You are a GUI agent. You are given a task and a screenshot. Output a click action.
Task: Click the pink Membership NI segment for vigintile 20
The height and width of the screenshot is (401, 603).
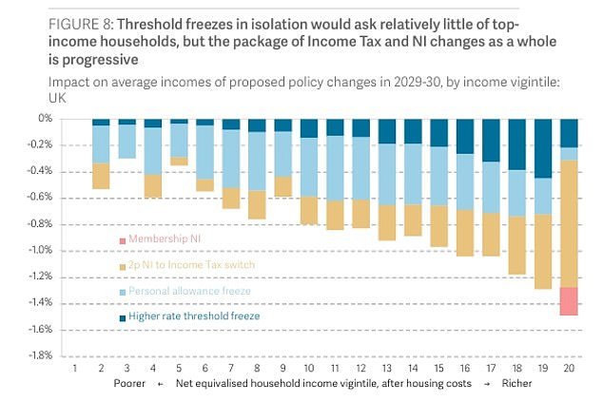[570, 300]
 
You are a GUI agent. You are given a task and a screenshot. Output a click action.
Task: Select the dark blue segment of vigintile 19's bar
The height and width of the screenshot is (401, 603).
[543, 148]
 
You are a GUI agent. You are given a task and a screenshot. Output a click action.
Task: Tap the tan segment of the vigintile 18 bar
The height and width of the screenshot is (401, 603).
[517, 245]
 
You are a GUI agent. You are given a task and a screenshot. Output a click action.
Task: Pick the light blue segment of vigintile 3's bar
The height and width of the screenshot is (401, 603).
[126, 142]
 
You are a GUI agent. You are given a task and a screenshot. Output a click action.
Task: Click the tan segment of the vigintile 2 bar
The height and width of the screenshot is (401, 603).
[101, 176]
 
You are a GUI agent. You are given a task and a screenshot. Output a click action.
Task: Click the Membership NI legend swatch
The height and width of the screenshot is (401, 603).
[122, 239]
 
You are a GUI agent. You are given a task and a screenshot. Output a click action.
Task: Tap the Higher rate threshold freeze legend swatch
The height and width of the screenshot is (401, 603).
[122, 317]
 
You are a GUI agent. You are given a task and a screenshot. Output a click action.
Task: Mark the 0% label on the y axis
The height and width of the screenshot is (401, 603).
[44, 119]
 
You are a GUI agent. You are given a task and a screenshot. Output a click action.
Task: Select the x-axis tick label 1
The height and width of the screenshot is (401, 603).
[74, 369]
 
